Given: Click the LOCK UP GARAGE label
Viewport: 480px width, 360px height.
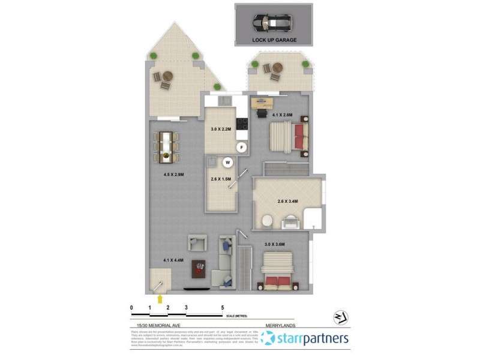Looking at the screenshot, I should [x=274, y=40].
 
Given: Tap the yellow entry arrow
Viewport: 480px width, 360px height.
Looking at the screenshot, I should [x=160, y=297].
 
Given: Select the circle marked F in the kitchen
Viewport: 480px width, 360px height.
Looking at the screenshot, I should [x=242, y=147].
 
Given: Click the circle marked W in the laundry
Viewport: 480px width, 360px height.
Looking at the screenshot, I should [x=228, y=161].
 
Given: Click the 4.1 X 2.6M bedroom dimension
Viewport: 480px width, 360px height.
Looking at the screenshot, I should [x=282, y=115].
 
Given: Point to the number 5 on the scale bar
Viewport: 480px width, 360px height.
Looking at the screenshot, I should [x=223, y=307].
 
